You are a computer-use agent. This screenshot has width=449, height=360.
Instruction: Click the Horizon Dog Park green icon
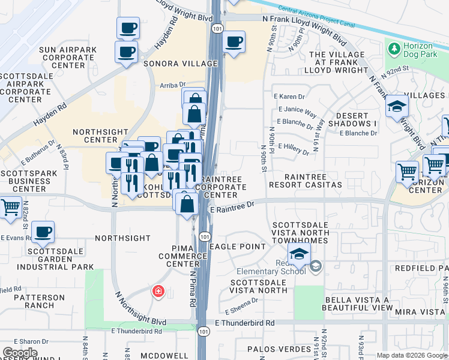tap(394, 47)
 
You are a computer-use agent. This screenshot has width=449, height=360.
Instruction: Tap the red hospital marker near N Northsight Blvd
tap(158, 292)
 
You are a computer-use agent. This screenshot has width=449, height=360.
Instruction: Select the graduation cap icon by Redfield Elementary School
tap(299, 253)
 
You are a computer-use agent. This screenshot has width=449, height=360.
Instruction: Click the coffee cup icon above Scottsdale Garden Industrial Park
tap(43, 231)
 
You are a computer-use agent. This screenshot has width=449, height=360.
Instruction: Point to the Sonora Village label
tap(179, 63)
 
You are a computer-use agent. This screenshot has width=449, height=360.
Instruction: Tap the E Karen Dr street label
tap(289, 96)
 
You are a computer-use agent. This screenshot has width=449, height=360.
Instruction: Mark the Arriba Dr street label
tap(173, 86)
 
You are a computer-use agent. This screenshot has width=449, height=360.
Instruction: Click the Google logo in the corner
tap(20, 353)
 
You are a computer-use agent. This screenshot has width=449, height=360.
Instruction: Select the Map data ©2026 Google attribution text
tap(412, 355)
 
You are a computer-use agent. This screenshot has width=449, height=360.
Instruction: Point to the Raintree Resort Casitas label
tap(313, 181)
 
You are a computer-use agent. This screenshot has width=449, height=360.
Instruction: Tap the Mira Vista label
tap(419, 312)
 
